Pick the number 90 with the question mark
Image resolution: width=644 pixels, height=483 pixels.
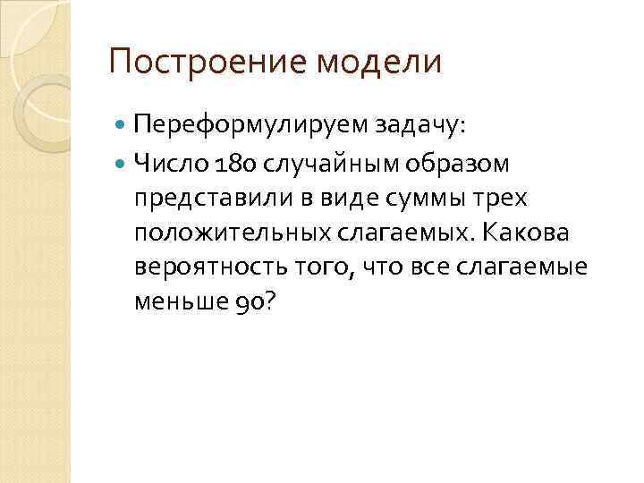pyautogui.click(x=259, y=303)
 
